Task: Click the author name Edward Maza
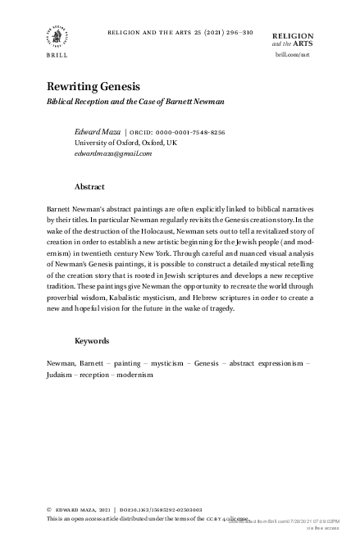tap(96, 131)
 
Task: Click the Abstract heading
tap(89, 187)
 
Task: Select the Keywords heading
tap(92, 340)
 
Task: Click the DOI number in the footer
tap(173, 510)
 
